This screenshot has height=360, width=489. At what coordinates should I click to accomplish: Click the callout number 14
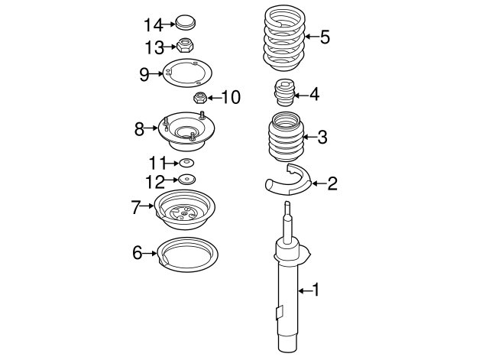point(153,24)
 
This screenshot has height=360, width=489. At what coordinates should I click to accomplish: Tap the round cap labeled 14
point(185,23)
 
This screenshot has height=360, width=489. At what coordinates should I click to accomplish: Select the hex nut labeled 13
point(185,47)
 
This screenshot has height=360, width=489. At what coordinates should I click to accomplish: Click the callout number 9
point(144,73)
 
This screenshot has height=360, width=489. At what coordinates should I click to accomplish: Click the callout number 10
point(231,98)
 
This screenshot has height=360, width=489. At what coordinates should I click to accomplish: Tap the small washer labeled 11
point(185,163)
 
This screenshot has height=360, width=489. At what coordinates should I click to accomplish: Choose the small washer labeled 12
point(185,180)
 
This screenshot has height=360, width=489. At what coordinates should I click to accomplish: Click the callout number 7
point(136,206)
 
